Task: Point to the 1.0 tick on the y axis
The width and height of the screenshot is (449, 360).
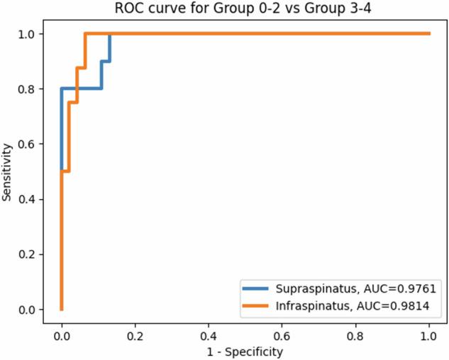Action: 28,34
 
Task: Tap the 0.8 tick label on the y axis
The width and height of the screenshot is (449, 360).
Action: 28,89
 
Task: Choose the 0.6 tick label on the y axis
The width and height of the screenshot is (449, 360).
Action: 28,145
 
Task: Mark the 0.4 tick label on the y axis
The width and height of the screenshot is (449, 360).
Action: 28,199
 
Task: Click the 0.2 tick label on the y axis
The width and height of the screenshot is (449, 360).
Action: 28,254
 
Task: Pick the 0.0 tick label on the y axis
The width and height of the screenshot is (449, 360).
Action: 28,310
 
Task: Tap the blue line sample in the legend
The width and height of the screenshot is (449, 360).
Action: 258,288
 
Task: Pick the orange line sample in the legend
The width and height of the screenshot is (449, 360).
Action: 258,305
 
